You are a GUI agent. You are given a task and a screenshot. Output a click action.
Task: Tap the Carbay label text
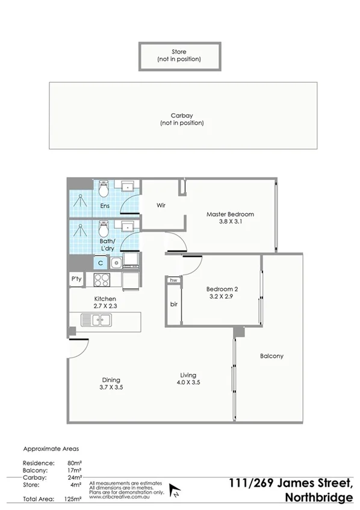click(x=182, y=116)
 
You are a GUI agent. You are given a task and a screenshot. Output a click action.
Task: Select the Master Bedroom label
click(x=230, y=214)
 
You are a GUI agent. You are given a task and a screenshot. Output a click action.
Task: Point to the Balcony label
click(x=272, y=356)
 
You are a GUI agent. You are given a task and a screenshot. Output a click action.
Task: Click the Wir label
click(x=161, y=205)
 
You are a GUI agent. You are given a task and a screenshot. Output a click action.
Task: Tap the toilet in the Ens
click(x=103, y=190)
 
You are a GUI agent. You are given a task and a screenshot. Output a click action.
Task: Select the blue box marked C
click(x=100, y=263)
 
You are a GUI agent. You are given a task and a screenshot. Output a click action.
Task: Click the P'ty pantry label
click(x=76, y=279)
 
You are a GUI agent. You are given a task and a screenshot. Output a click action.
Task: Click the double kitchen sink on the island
click(x=97, y=320)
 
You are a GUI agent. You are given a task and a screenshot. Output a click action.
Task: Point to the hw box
click(x=173, y=281)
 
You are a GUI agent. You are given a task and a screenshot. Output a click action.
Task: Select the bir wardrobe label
click(x=173, y=304)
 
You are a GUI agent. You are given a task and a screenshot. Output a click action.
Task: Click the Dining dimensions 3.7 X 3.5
click(x=111, y=388)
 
